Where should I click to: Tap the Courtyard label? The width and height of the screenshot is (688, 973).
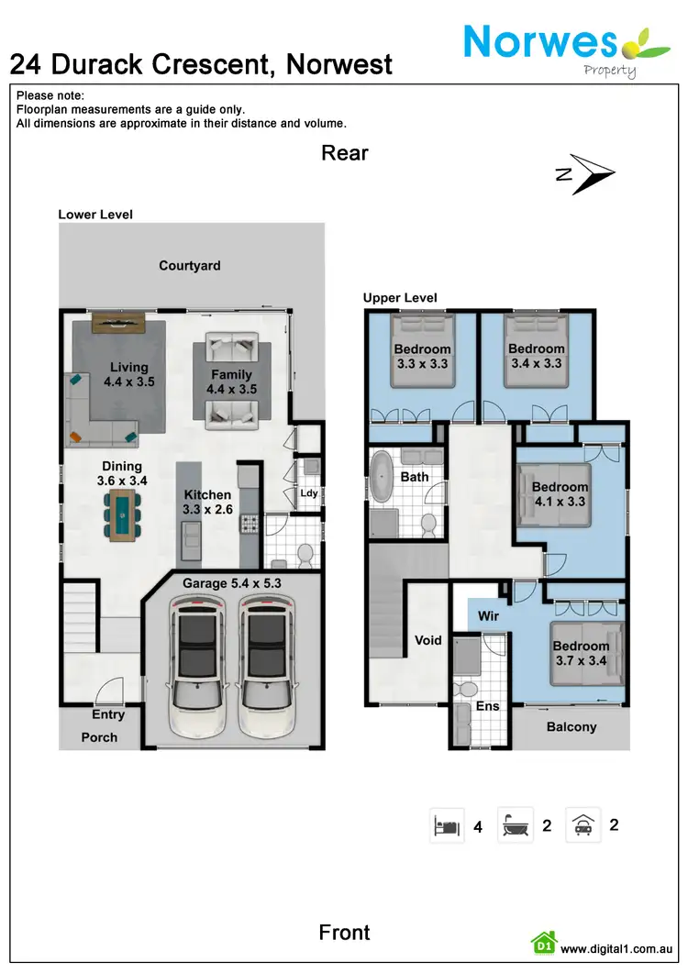point(189,266)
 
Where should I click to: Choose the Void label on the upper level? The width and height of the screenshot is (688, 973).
point(428,640)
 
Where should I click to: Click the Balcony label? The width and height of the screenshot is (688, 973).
point(571,726)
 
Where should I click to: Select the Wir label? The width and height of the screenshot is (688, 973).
point(489,616)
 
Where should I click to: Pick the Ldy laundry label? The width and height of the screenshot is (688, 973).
point(308,493)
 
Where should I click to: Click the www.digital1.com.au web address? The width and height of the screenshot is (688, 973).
point(617,949)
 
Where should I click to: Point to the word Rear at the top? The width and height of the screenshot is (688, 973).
point(345,153)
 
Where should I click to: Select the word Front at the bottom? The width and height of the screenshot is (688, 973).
point(345,933)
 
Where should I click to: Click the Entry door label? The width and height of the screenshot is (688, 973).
point(108,715)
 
